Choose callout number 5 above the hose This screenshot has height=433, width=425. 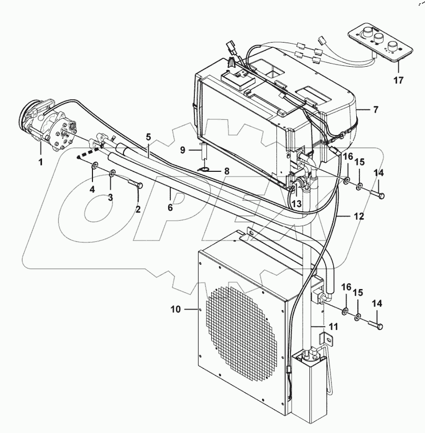(x=149, y=138)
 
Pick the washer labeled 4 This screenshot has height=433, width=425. (x=95, y=167)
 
